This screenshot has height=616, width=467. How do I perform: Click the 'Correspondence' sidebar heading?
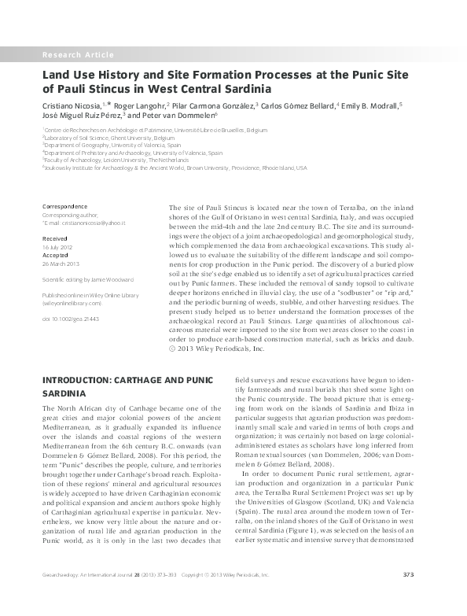[x=65, y=206]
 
